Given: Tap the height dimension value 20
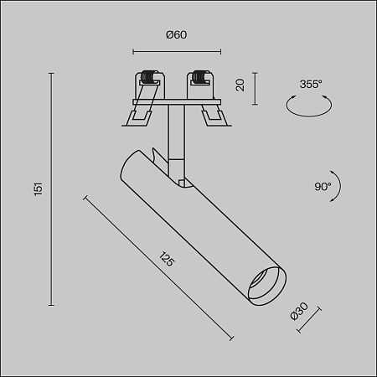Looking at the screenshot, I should point(240,85).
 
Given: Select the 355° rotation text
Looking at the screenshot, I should point(311,83).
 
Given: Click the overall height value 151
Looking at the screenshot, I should point(37,189).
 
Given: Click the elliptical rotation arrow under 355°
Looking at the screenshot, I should point(307,106).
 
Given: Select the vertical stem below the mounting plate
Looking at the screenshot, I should point(175,134).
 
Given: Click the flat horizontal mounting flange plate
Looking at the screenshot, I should point(175,104).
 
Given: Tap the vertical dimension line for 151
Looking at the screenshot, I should point(53,189).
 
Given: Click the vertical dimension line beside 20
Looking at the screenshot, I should point(255,85).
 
